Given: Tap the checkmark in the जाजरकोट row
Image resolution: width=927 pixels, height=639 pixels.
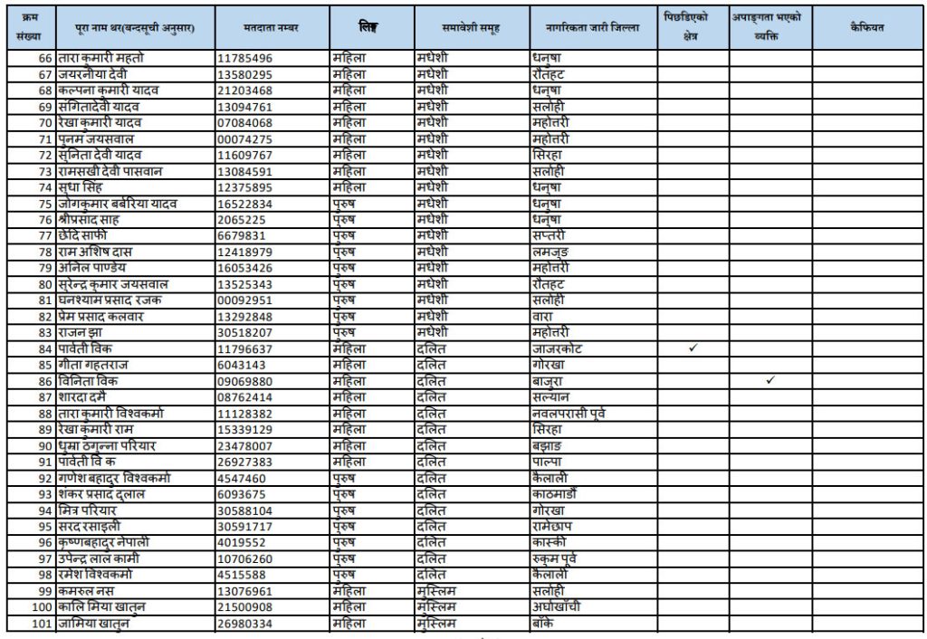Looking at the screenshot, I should click(693, 348).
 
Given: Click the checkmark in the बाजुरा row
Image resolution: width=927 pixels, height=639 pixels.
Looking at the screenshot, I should click(770, 381).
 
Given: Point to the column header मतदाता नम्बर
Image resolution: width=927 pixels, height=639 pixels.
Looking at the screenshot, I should click(272, 27).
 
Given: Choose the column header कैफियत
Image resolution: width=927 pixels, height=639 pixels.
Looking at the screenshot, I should click(867, 27).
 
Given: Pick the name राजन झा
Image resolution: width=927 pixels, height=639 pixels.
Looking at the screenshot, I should click(82, 332).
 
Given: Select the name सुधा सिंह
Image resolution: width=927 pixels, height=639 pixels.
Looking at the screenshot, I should click(85, 187).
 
